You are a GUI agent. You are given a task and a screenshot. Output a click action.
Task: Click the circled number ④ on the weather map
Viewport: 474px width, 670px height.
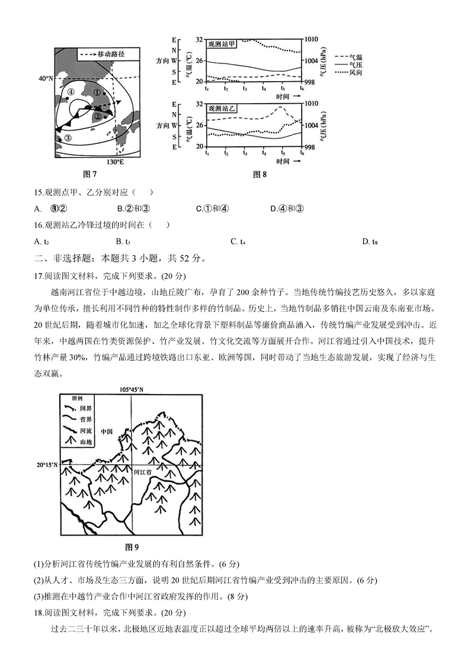[x=71, y=92]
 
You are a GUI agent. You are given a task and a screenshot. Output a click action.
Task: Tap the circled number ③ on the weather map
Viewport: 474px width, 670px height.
[x=68, y=137]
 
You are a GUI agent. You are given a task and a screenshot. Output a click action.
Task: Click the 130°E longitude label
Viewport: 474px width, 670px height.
[x=116, y=162]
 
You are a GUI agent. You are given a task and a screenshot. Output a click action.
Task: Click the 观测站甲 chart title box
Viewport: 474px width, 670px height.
[x=222, y=43]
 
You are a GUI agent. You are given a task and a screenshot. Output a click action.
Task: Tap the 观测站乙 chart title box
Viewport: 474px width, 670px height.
[x=222, y=109]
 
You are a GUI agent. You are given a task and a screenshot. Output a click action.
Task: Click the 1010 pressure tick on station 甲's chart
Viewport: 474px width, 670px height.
[x=311, y=39]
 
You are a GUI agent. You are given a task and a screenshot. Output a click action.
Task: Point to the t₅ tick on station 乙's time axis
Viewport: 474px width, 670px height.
[x=283, y=153]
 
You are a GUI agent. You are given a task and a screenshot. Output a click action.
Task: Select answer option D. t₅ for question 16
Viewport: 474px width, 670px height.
[x=370, y=241]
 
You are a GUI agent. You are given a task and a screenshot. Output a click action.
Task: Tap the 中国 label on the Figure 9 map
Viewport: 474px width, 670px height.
[x=108, y=432]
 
